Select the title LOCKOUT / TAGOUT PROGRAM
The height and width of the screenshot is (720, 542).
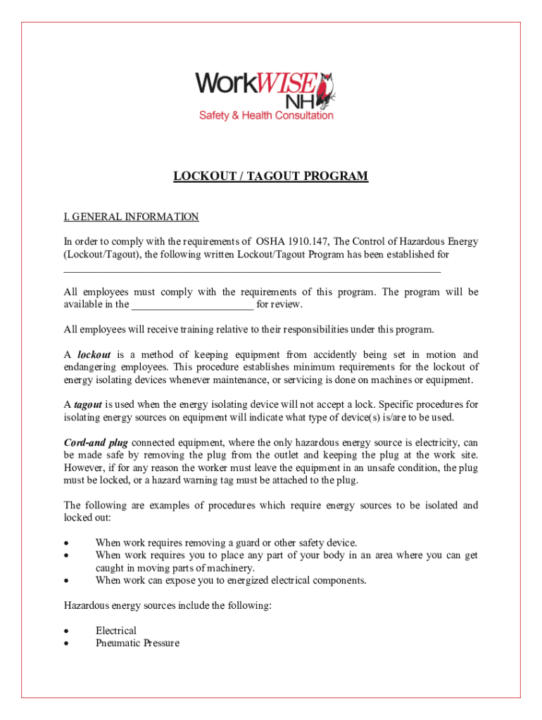271,176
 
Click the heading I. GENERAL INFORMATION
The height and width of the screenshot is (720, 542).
132,217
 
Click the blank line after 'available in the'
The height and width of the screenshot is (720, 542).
192,305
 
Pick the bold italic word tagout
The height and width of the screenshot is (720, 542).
88,404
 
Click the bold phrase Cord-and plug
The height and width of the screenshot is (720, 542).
96,442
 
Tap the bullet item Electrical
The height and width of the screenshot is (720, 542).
116,631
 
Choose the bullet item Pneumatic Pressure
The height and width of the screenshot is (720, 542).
137,643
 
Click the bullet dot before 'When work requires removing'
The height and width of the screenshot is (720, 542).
66,543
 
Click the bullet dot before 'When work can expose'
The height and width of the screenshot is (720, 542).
66,581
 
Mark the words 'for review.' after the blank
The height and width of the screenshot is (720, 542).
279,304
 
